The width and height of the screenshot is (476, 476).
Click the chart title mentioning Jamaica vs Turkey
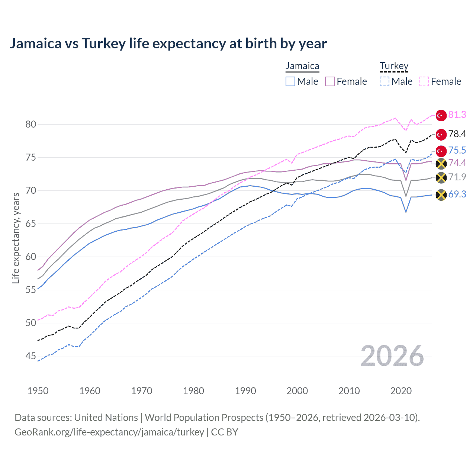tap(168, 44)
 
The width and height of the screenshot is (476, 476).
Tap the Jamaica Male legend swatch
tap(290, 81)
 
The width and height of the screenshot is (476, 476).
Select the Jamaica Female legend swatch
tap(330, 81)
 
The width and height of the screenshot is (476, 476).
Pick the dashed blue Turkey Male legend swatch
tap(385, 81)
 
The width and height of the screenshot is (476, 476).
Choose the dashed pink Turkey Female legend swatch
tap(424, 81)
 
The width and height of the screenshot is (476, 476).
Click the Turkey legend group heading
tap(394, 66)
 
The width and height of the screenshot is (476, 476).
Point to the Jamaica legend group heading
tap(302, 66)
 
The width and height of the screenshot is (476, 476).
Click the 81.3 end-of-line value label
tap(457, 115)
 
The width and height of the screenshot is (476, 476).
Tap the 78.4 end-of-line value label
tap(457, 134)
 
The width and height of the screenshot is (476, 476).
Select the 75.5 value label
tap(457, 150)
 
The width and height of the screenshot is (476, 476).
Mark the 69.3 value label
tap(457, 194)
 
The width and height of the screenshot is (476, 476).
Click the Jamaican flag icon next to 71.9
tap(441, 178)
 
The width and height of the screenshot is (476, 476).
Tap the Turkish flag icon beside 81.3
tap(441, 115)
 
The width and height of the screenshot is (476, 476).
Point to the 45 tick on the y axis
tap(31, 356)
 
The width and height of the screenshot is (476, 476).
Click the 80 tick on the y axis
tap(31, 124)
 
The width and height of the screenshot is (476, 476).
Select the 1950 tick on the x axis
tap(38, 391)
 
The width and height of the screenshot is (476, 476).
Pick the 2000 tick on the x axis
tap(297, 391)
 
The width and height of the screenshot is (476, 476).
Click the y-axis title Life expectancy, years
tap(16, 238)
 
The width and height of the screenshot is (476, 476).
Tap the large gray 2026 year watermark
tap(392, 356)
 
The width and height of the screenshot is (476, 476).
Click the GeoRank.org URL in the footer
tap(109, 432)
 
